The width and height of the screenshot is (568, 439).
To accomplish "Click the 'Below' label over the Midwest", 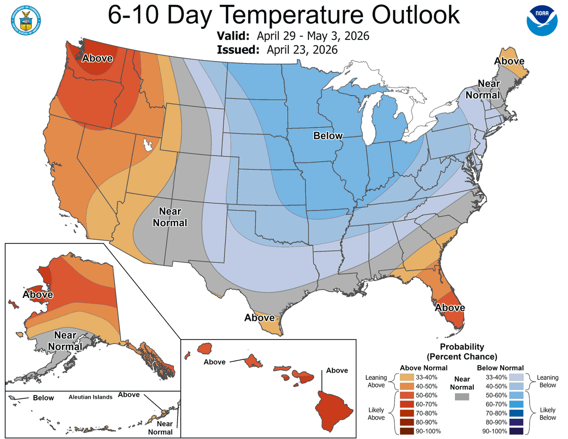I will point(328,136).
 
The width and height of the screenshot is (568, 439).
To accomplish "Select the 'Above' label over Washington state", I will point(98,58).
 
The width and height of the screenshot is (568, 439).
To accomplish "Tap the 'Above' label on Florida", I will point(450,308).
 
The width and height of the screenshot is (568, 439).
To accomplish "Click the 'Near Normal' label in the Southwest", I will point(170,217).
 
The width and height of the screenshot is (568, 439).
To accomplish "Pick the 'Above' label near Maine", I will point(509,61).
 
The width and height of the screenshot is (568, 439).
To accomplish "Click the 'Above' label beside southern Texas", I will point(259,318).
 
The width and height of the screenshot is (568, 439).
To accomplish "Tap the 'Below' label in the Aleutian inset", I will point(44,398).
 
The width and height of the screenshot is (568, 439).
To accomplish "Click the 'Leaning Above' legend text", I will point(376,382).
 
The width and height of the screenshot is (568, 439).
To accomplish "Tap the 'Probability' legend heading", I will point(461,347).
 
